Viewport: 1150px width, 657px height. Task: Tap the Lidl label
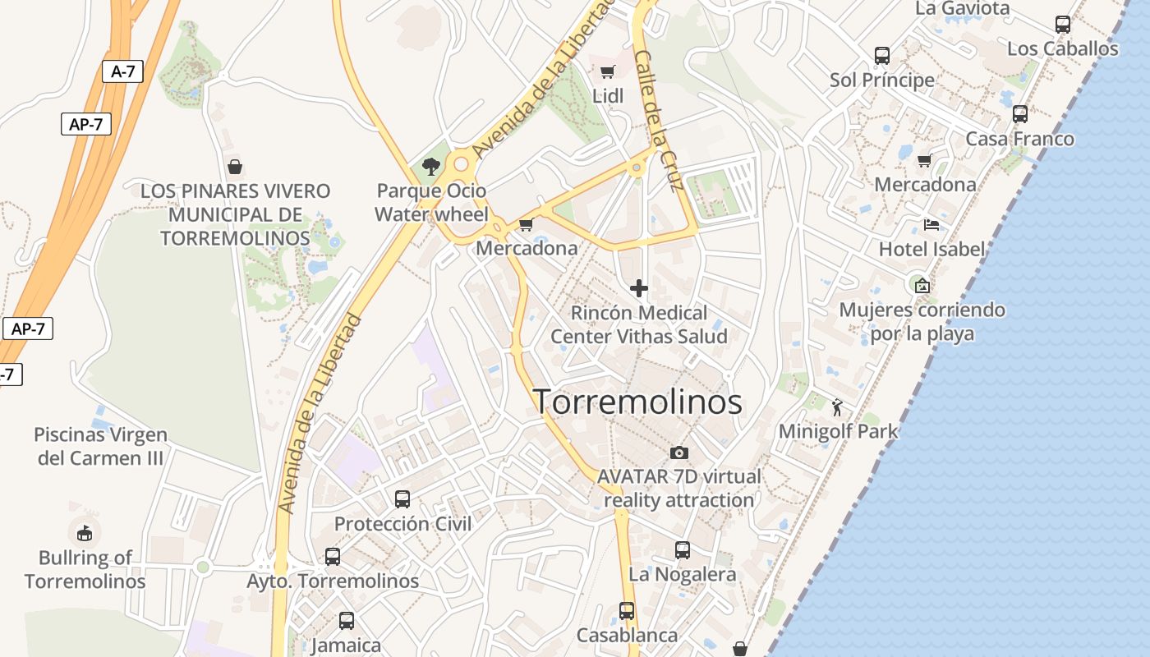[x=608, y=96]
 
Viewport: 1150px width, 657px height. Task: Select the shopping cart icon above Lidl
[x=607, y=72]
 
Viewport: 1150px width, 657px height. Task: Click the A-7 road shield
[x=122, y=71]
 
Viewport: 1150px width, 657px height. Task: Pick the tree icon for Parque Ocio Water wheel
[x=430, y=167]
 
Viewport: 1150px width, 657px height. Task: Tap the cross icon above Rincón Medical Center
[x=638, y=288]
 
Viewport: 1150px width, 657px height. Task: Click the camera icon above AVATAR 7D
[x=678, y=453]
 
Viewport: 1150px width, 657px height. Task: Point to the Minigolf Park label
[x=838, y=431]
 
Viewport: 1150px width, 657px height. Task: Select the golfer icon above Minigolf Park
[x=837, y=407]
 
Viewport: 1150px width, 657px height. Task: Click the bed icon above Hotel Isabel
[x=931, y=224]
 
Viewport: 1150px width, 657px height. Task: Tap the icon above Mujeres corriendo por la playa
[x=922, y=285]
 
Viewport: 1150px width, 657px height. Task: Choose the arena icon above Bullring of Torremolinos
[x=84, y=533]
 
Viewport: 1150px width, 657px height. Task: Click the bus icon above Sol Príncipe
[x=881, y=56]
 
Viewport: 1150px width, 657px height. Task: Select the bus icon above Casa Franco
[x=1019, y=114]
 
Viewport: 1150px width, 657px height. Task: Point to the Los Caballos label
[x=1062, y=48]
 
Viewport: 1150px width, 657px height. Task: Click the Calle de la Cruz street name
[x=660, y=120]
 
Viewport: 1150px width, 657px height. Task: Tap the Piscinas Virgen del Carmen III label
[x=100, y=446]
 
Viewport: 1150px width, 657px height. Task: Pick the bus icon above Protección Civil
[x=402, y=498]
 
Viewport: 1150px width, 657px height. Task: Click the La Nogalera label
[x=682, y=574]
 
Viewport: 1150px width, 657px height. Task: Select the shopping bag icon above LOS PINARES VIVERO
[x=235, y=167]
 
